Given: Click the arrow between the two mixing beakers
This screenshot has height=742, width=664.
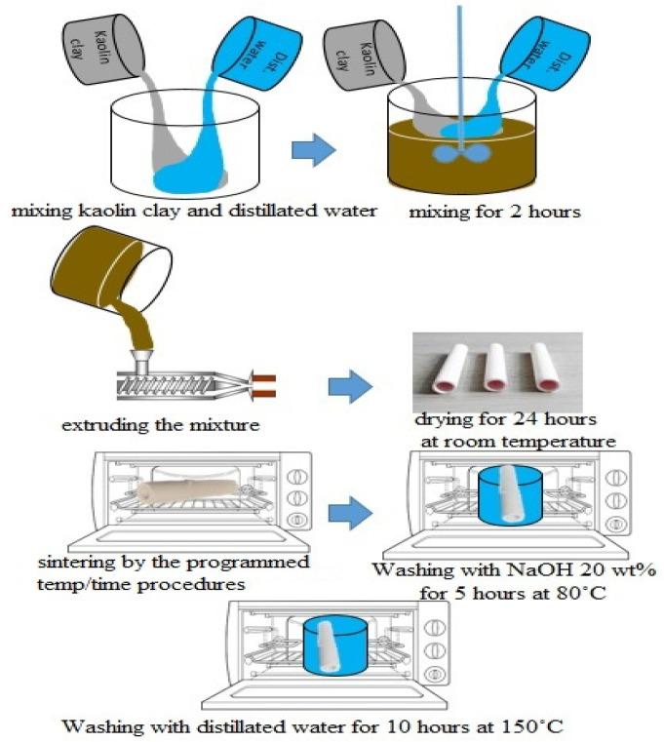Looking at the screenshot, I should point(313,151).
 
